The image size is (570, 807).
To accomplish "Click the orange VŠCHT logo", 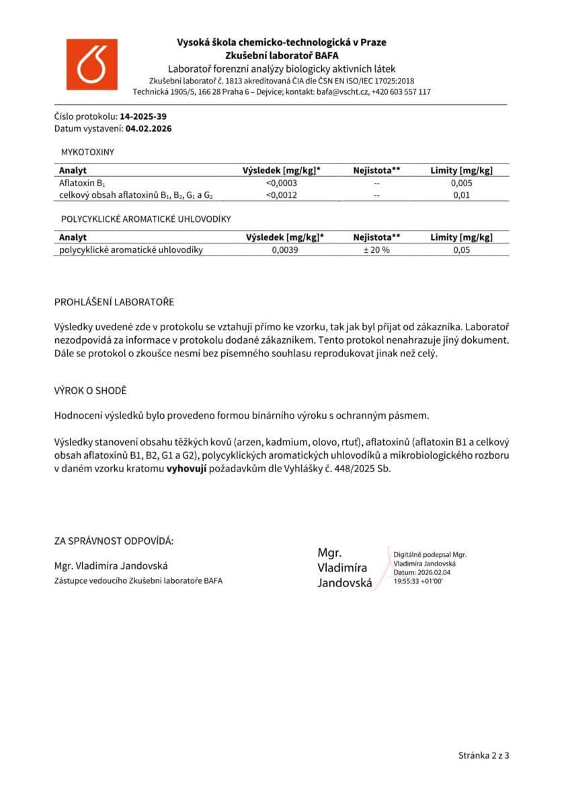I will coord(91,64).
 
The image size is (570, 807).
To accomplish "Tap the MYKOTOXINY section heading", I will coord(87,152).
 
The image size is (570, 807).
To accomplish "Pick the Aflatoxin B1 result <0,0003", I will coord(282,183).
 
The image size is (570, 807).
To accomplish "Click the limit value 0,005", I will coord(461,183).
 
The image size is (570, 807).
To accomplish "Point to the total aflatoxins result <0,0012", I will coord(282,195).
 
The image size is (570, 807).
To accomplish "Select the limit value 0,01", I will coord(461,195).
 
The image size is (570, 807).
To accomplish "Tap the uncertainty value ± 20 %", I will coord(376,249).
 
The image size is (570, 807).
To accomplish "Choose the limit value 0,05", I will coord(461,249).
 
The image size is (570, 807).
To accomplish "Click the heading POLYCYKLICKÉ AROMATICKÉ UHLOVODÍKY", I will coord(146,219).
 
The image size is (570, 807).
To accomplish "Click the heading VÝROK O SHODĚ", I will coord(90,390).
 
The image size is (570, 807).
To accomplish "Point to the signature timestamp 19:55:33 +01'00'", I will coord(418,580).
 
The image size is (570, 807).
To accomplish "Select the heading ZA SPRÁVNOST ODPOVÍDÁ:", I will coord(114,541).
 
